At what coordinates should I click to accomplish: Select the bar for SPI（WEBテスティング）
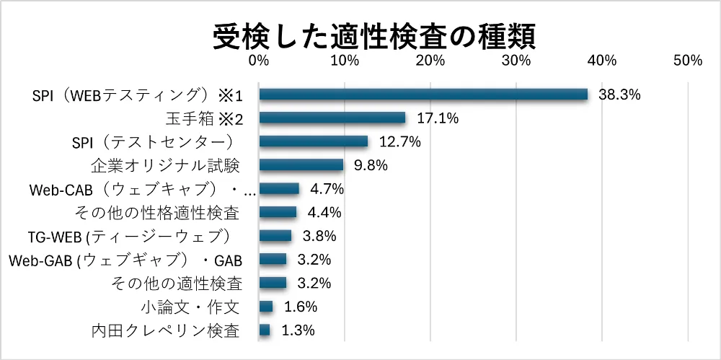tap(423, 95)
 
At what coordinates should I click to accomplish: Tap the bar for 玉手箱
tap(332, 118)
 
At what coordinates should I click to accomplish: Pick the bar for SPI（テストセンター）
tap(313, 141)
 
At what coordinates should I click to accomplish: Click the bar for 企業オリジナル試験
tap(301, 165)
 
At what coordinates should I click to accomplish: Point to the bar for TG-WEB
tap(275, 236)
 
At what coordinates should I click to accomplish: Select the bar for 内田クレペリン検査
tap(264, 330)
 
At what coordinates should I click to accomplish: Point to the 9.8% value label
tap(371, 165)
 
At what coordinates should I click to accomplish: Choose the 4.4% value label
tap(324, 212)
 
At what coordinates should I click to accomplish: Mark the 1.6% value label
tap(301, 307)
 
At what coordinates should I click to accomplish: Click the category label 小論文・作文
tap(190, 307)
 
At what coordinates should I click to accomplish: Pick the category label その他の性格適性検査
tap(157, 212)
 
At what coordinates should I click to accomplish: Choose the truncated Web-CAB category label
tap(142, 189)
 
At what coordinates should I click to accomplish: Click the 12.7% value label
tap(400, 141)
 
